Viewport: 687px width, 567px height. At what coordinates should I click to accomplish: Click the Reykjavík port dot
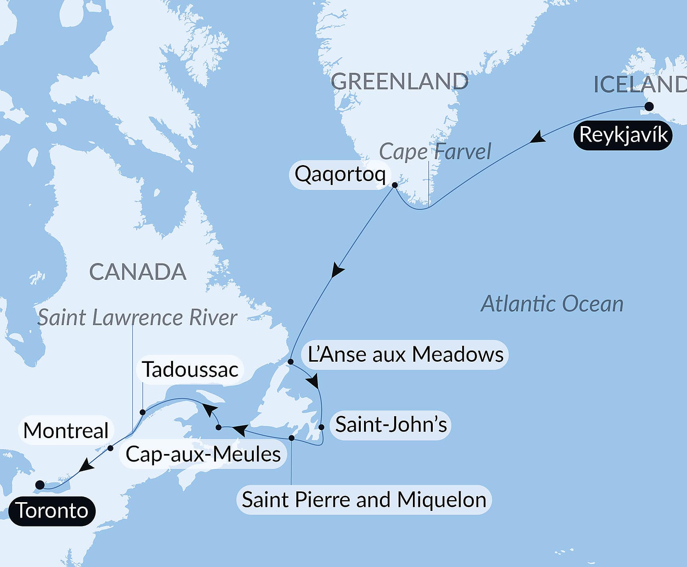[649, 107]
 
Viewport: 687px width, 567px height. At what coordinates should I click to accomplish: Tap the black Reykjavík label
[623, 135]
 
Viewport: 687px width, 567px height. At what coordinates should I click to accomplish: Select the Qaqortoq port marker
[395, 185]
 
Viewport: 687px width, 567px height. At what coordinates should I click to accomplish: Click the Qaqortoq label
[340, 174]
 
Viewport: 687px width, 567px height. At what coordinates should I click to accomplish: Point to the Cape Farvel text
[435, 152]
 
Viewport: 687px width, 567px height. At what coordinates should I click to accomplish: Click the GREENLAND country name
[399, 82]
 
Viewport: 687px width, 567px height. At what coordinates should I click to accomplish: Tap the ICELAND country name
[640, 84]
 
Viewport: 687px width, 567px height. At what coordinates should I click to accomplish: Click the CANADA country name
[138, 272]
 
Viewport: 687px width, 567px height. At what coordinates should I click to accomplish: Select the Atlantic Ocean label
[552, 304]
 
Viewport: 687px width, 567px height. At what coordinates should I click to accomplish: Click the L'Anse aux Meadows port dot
[291, 362]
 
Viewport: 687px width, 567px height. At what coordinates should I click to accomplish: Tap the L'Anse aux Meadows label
[405, 355]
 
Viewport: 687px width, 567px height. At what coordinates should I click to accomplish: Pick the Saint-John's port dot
[321, 427]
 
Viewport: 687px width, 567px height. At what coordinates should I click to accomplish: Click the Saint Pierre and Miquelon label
[364, 500]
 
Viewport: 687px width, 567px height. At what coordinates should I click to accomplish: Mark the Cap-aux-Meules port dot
[218, 427]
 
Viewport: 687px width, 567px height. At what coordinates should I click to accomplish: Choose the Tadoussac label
[190, 369]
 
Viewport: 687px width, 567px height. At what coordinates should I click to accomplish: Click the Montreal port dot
[111, 448]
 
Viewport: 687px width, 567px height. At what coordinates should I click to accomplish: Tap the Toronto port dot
[40, 485]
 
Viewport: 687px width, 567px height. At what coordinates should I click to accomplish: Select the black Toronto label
[52, 511]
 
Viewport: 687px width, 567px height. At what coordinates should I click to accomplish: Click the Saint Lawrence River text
[137, 318]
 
